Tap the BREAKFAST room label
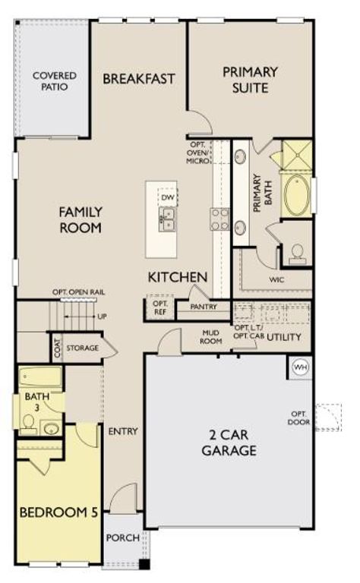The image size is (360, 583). click(x=139, y=78)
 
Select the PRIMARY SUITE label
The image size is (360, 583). click(x=249, y=80)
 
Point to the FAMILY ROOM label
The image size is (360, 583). click(x=81, y=219)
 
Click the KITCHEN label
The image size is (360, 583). click(x=178, y=277)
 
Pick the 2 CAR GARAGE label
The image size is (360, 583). click(x=229, y=443)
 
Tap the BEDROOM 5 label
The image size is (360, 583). click(x=58, y=512)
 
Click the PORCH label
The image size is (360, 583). click(x=122, y=538)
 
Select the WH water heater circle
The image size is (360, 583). click(x=301, y=367)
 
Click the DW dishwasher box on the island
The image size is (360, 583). click(x=168, y=197)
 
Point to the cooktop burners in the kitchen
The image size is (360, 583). click(x=220, y=219)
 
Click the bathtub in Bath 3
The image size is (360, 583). click(x=39, y=377)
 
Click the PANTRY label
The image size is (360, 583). click(x=204, y=307)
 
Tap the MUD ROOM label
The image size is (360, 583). click(x=211, y=337)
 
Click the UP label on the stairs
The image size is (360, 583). click(x=101, y=315)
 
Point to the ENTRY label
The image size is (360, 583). click(x=123, y=431)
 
